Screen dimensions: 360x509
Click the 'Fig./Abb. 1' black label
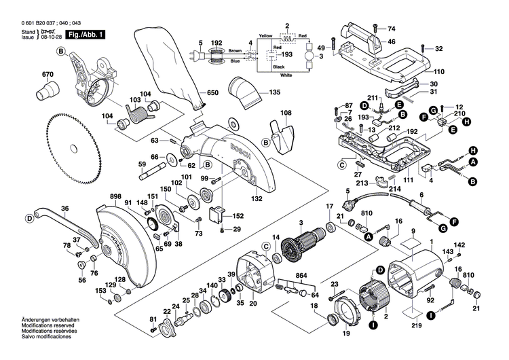coord(85,33)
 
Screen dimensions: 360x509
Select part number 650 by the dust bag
coord(212,92)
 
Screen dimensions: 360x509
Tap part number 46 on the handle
coord(391,41)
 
